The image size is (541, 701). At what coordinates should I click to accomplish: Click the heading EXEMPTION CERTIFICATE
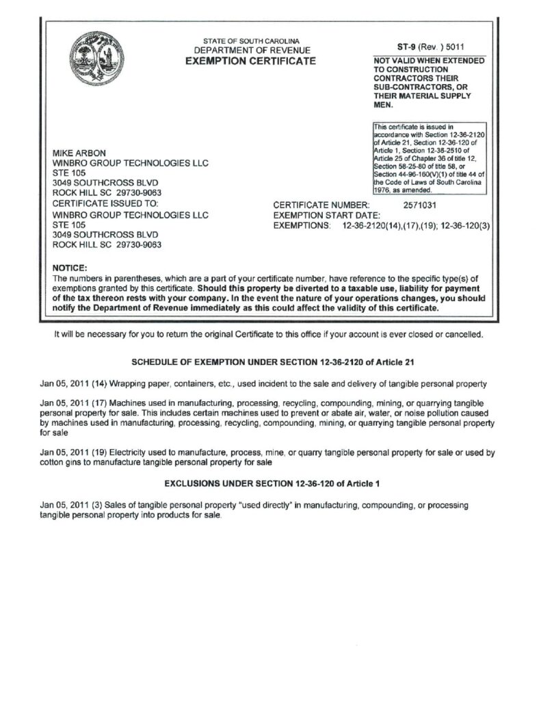251,62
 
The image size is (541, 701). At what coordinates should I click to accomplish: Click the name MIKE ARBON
79,153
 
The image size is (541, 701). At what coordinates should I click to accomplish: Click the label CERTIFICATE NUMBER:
321,204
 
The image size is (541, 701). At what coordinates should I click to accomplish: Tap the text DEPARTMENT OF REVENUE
252,51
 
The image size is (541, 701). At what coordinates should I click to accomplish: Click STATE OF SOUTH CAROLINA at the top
252,41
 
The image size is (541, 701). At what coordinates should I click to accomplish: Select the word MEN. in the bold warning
383,106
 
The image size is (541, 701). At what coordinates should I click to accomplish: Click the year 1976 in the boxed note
382,191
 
